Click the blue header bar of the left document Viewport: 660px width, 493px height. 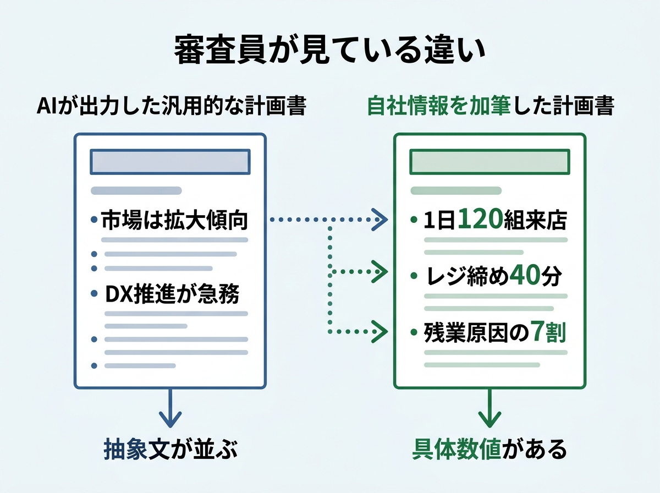coord(170,162)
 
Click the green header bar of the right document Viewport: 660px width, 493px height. coord(490,162)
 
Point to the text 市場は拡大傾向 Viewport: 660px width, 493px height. coord(175,221)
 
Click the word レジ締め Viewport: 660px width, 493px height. coord(468,277)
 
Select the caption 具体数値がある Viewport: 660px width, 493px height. coord(489,449)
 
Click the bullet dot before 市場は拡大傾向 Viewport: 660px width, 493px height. coord(94,221)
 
